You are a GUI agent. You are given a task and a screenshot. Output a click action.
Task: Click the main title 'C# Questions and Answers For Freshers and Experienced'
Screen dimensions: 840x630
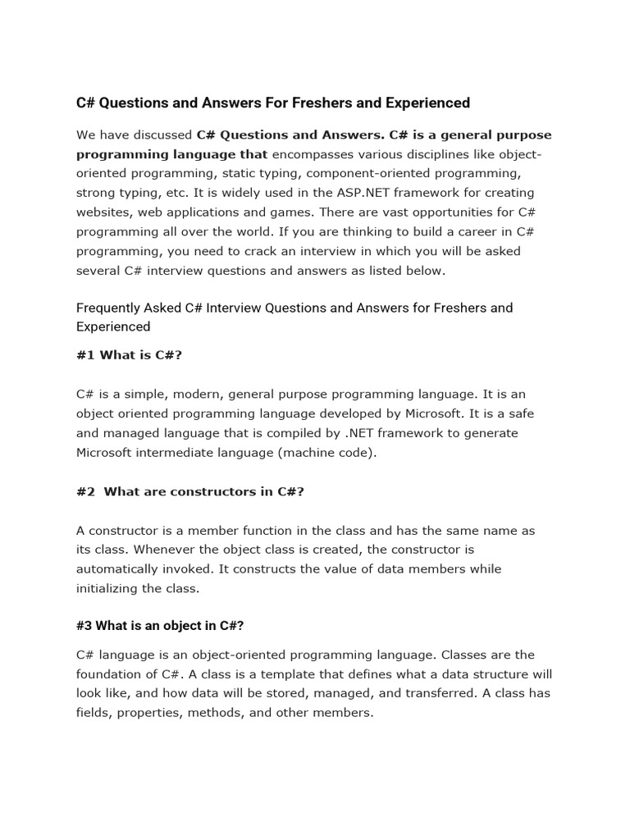(273, 103)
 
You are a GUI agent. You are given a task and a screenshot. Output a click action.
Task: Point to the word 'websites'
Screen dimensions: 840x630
(103, 212)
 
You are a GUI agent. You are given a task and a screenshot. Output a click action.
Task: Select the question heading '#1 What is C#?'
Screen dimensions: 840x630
(128, 355)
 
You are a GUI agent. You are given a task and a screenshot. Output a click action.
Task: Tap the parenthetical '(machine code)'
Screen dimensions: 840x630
(327, 452)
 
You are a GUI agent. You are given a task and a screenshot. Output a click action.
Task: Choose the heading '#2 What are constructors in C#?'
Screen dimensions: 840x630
(190, 491)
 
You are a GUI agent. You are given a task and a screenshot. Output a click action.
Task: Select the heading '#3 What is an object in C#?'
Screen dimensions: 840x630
(160, 625)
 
